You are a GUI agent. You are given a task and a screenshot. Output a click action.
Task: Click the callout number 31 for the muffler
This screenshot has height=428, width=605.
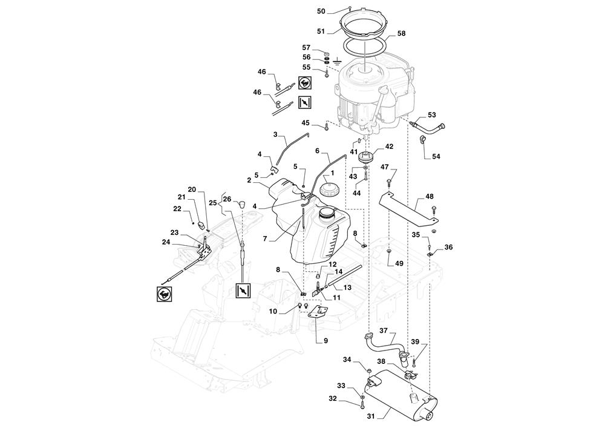pos(371,416)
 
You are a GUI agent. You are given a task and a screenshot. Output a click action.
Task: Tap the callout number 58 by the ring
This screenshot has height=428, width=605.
pos(401,33)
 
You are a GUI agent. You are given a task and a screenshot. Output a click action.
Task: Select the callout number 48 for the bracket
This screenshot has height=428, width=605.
pos(430,196)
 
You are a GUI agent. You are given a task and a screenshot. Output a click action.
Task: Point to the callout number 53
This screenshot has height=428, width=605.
pos(432,114)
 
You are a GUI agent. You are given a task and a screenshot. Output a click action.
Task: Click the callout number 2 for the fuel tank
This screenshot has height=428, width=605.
pos(249,180)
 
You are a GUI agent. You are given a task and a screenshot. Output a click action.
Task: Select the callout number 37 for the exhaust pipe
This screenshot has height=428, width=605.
pos(384,331)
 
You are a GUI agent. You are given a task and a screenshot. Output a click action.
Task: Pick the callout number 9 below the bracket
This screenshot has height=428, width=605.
pos(325,341)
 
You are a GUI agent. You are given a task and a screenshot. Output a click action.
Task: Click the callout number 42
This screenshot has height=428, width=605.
pos(389,147)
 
